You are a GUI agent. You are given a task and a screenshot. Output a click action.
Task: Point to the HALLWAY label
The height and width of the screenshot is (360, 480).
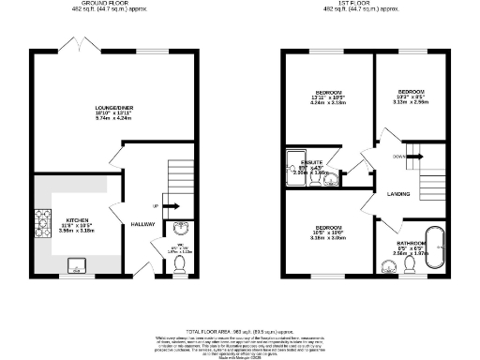click(x=143, y=224)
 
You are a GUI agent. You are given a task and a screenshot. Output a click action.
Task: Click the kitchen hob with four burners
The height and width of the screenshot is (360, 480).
click(x=42, y=221)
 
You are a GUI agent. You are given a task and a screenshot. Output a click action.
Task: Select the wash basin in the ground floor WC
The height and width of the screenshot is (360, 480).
click(x=181, y=229)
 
